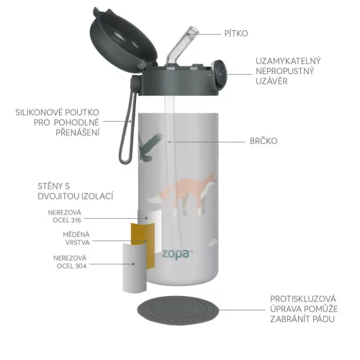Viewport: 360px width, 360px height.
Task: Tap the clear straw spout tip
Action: pyautogui.click(x=193, y=34)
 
